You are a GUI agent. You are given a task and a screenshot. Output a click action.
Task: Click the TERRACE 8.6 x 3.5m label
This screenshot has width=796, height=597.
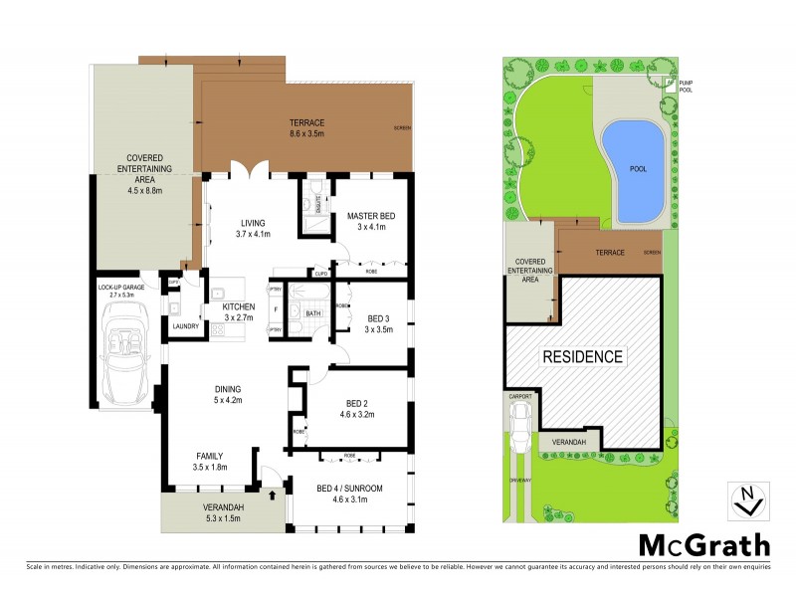(306, 127)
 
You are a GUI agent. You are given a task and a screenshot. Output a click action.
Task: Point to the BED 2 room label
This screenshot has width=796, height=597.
(355, 408)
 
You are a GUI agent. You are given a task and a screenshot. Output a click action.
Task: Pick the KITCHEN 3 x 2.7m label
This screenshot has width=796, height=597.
(239, 311)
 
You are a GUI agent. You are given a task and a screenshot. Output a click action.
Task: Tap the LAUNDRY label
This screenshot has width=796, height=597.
(186, 325)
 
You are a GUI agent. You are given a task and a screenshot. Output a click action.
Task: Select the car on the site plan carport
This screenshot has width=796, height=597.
(520, 424)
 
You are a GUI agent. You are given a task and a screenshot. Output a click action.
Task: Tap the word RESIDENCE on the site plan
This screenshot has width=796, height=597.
(582, 356)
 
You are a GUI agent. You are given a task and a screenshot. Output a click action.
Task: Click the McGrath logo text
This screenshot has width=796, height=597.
(703, 544)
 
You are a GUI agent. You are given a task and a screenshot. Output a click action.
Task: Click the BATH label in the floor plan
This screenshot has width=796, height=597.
(313, 313)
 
